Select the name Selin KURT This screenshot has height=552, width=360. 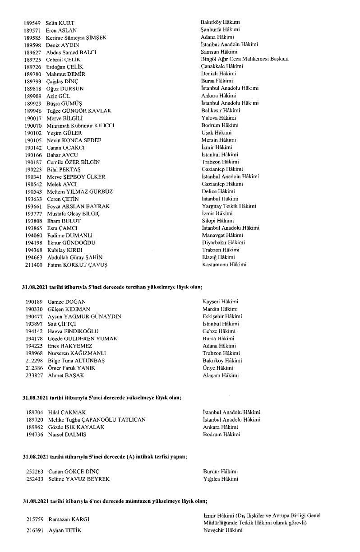pos(60,23)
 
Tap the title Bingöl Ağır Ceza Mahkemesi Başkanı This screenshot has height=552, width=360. pos(245,59)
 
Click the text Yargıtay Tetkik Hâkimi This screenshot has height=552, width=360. pos(229,206)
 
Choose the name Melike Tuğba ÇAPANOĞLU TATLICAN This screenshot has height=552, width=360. pos(97,420)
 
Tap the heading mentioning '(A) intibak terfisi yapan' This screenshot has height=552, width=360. pos(105,457)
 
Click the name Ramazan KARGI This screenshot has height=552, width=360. pos(69,520)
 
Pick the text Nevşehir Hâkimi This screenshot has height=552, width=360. pos(222,530)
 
